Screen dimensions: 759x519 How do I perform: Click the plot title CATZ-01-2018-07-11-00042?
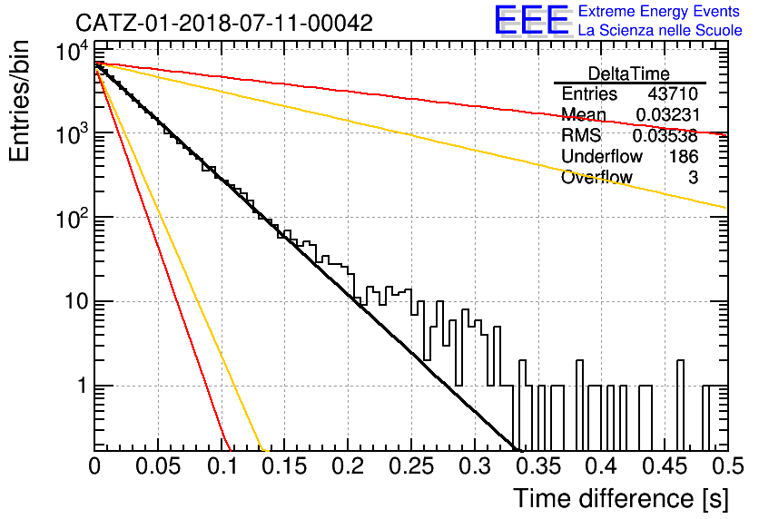point(224,23)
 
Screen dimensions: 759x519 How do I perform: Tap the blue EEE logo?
point(531,20)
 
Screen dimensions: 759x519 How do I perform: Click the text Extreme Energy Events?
point(659,11)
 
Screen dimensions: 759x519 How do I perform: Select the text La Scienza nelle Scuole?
point(660,31)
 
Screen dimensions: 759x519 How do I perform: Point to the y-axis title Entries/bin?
point(19,101)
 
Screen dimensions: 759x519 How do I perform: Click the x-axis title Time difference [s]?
point(621,499)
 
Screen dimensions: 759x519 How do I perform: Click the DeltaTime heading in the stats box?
point(629,73)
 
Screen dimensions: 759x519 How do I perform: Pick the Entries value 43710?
point(673,93)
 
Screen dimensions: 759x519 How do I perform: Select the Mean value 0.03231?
point(667,114)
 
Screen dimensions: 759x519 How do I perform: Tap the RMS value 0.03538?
point(665,136)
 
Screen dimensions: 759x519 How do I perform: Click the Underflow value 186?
point(684,156)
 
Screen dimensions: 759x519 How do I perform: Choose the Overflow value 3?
point(693,178)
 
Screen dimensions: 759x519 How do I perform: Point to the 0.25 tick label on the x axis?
point(411,466)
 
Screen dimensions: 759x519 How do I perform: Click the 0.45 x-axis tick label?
point(665,466)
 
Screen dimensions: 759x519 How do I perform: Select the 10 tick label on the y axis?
point(76,301)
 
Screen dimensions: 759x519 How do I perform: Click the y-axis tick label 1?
point(82,386)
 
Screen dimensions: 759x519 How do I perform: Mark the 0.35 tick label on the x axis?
point(538,466)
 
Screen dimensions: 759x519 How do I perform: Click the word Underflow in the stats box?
point(602,156)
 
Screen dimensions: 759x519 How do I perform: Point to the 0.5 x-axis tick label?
point(727,466)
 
